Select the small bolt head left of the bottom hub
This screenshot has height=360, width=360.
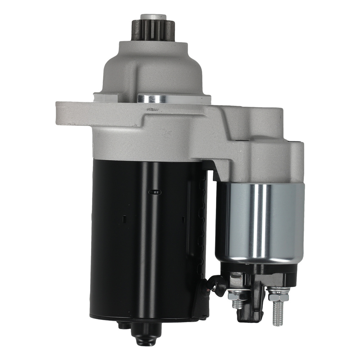pos(122,325)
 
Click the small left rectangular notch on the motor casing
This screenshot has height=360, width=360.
pos(123,219)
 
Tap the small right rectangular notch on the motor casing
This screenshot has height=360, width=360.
pos(183,219)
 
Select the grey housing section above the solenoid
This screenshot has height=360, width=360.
pos(259,155)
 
